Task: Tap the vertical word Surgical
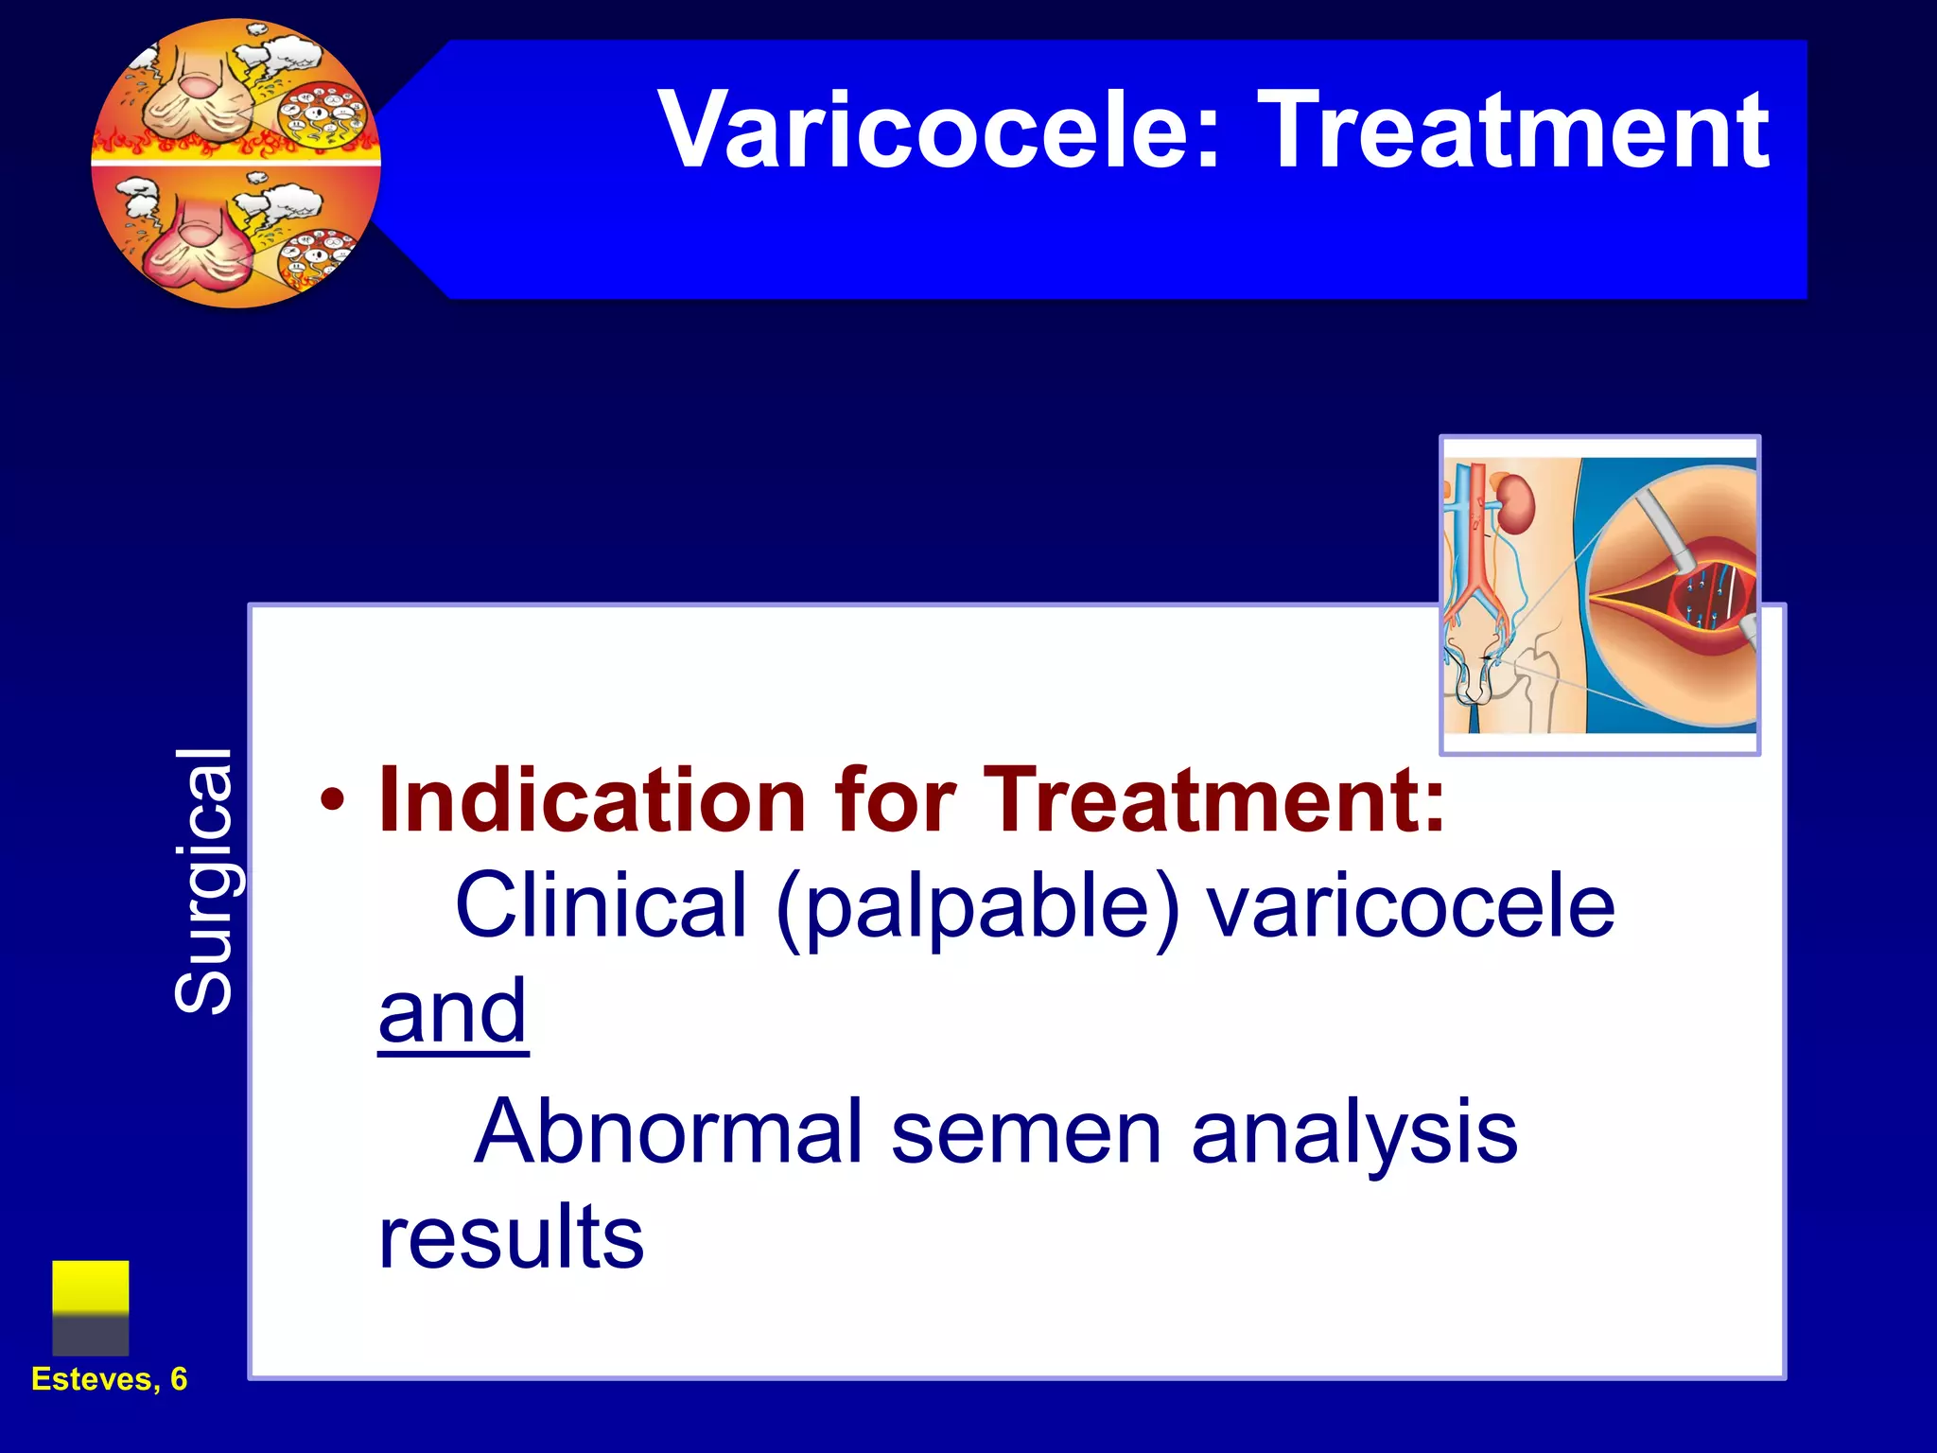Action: (203, 880)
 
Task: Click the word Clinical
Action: (602, 905)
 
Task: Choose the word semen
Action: (1026, 1133)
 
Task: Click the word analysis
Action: (1354, 1133)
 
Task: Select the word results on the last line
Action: (511, 1237)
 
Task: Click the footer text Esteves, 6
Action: (110, 1379)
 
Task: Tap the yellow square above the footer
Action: (91, 1288)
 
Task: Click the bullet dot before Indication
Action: (332, 800)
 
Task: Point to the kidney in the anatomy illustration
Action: (1516, 504)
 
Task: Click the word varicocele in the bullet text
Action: (1411, 906)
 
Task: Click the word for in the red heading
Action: (894, 800)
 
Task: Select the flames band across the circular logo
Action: (236, 147)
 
